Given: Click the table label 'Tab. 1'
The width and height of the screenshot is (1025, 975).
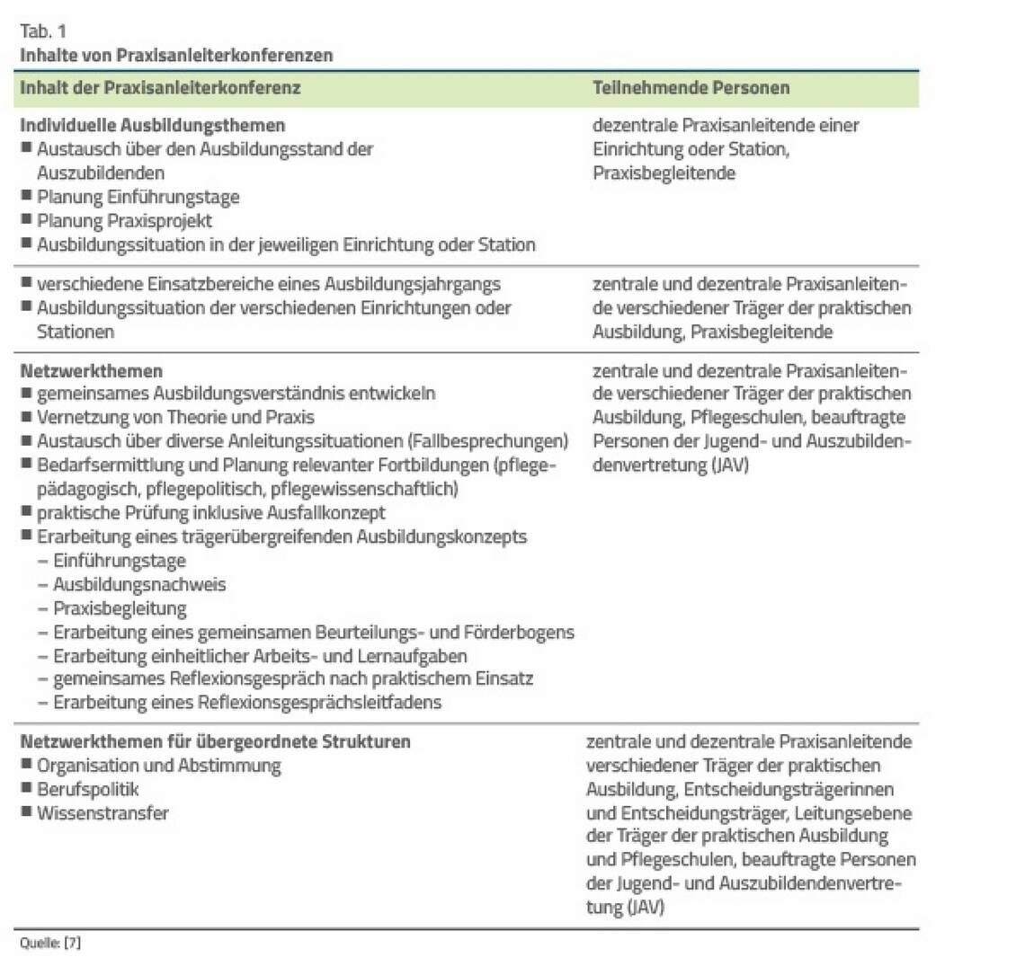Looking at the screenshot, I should coord(42,31).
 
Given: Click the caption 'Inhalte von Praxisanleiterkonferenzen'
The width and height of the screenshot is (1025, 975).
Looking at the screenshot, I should coord(176,55).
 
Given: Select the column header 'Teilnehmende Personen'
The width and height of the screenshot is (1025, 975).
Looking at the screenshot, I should coord(691,88).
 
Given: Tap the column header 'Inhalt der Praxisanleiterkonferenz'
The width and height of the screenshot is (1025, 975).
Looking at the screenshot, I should coord(160,88).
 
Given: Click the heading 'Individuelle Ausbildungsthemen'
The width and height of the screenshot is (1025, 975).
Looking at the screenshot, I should coord(152,125).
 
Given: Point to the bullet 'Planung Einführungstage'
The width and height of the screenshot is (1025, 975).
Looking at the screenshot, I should coord(138,197).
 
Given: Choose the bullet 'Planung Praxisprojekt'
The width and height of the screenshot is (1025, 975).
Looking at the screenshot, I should coord(124,220).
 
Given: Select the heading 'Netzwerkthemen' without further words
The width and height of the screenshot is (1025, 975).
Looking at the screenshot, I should coord(91,370).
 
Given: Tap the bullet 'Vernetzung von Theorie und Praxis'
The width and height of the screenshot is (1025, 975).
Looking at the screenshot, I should coord(175,417).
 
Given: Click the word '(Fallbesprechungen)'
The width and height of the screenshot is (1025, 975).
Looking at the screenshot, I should coord(488,441).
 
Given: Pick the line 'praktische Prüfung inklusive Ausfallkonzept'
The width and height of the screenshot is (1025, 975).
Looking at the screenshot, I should coord(210,512).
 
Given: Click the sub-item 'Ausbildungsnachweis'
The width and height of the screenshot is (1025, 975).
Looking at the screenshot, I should coord(139,584).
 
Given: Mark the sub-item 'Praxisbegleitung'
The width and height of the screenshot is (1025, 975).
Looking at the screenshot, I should coord(120,608).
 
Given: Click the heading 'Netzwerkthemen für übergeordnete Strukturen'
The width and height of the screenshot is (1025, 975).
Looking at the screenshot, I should coord(215,741).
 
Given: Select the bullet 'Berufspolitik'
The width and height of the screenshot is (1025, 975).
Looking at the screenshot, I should coord(87,789).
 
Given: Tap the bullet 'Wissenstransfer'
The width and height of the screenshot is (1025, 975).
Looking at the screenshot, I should coord(102,813).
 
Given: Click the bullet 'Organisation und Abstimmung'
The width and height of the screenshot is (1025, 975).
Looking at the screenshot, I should coord(158,766).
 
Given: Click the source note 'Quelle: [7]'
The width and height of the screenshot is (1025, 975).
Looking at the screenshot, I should coord(50,943).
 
